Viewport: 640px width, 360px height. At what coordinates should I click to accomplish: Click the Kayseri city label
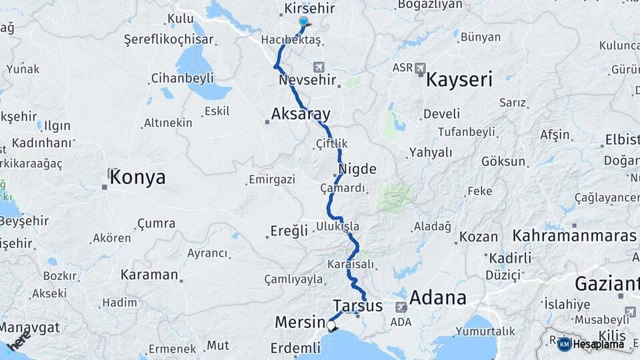coord(459,81)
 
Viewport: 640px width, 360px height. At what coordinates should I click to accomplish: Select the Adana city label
coord(437,297)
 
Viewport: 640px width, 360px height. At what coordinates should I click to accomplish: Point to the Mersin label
coord(299,323)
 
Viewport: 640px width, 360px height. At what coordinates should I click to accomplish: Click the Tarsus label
coord(357,306)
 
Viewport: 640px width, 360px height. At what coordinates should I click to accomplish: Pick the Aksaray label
coord(301,114)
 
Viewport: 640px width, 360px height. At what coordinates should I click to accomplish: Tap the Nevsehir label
coord(305,81)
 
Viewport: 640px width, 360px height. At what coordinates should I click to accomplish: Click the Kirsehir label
coord(309,9)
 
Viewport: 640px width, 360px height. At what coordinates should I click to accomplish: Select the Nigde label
coord(357,169)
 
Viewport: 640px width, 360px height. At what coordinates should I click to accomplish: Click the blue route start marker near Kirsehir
coord(303,21)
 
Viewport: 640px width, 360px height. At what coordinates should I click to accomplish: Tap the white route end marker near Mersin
coord(331,325)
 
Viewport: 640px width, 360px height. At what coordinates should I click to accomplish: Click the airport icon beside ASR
coord(421,67)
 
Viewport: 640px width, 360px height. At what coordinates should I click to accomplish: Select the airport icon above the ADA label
coord(401,307)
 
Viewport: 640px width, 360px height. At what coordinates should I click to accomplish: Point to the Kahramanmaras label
coord(575,236)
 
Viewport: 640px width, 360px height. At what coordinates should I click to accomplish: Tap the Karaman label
coord(149,275)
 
